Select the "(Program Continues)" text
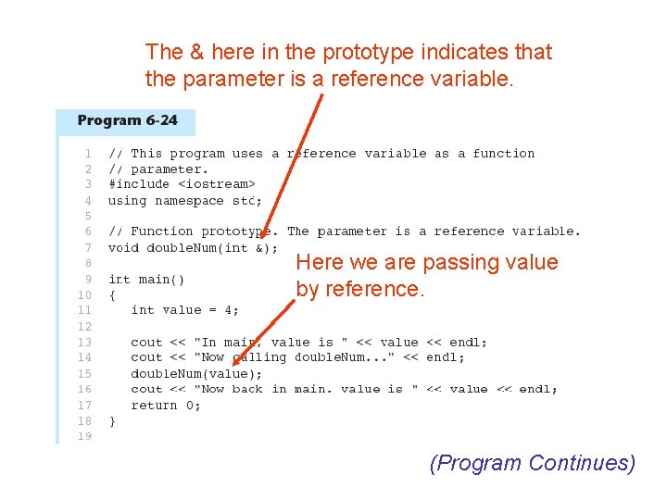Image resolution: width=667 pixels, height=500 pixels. coord(533,463)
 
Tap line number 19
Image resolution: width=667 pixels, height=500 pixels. coord(83,437)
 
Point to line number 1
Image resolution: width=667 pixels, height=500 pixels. coord(87,154)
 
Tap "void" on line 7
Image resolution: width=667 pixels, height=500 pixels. coord(123,247)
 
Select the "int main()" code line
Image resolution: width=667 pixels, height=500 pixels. coord(146,279)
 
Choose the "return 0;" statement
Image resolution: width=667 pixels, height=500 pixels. coord(165,405)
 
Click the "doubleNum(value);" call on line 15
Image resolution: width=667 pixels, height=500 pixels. coord(196,373)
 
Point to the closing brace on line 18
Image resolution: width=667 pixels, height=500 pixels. coord(112,420)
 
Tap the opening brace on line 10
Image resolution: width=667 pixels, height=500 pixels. coord(112,294)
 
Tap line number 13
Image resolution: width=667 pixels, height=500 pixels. coord(83,342)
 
